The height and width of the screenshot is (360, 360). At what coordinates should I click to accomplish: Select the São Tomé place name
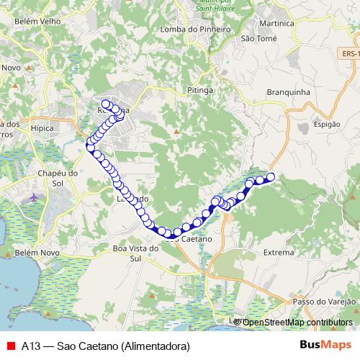pyautogui.click(x=258, y=38)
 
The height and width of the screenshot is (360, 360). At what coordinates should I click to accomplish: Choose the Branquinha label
pyautogui.click(x=288, y=92)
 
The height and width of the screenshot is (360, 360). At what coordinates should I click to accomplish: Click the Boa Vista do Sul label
pyautogui.click(x=135, y=253)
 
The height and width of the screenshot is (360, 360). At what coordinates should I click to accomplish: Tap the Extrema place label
pyautogui.click(x=279, y=253)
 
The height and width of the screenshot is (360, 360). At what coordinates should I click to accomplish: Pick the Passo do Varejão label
pyautogui.click(x=324, y=300)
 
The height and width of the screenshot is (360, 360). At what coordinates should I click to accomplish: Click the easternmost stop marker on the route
pyautogui.click(x=271, y=177)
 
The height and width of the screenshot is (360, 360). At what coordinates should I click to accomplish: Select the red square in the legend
pyautogui.click(x=10, y=346)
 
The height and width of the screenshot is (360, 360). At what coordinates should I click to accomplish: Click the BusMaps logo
pyautogui.click(x=326, y=345)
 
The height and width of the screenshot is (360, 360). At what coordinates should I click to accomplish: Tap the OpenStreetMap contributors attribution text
pyautogui.click(x=298, y=323)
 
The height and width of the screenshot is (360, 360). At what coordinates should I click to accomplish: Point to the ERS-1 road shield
pyautogui.click(x=350, y=53)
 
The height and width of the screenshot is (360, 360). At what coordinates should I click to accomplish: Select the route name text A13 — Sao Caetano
pyautogui.click(x=105, y=346)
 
